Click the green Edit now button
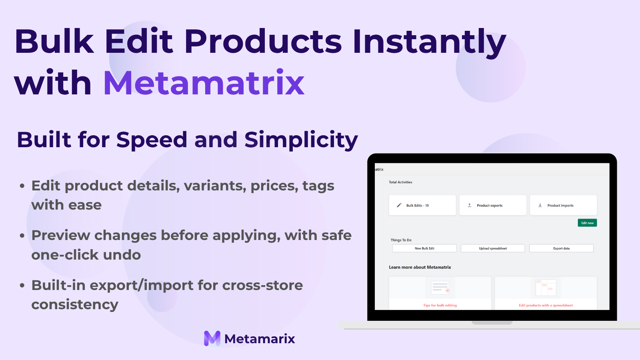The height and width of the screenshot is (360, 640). [587, 223]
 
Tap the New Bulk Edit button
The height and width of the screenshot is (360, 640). [424, 248]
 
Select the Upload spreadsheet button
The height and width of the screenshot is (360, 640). [493, 248]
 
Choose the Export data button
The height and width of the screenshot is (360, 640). [561, 248]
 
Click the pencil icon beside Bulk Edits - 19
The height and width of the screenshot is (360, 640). [399, 205]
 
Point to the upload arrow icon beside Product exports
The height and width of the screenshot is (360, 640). [470, 205]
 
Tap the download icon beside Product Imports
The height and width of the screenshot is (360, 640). [540, 205]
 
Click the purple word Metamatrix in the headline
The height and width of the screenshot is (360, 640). [204, 82]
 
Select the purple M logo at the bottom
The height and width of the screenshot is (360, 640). [212, 338]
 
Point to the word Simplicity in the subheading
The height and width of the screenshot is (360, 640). [301, 140]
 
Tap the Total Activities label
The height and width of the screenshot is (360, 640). [400, 182]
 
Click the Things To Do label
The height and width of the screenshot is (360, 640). [401, 240]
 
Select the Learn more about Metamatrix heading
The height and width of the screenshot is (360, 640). [420, 267]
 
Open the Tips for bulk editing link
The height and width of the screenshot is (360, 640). [440, 305]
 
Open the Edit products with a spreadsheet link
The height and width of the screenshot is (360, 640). [546, 305]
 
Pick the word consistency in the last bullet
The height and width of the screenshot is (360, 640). [75, 304]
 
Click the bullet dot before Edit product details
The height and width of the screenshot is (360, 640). [22, 186]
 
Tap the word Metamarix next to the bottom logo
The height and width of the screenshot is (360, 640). [260, 339]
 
